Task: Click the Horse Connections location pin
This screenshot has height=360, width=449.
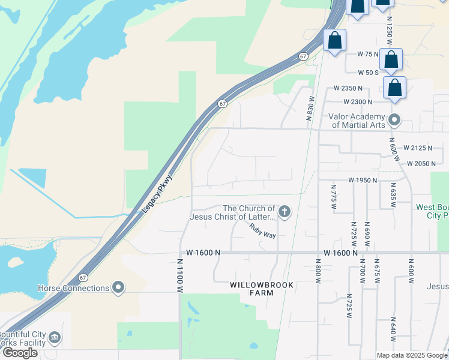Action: tap(118, 288)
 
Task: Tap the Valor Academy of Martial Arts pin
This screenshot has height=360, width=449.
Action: tap(394, 120)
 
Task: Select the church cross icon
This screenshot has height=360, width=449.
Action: tap(284, 212)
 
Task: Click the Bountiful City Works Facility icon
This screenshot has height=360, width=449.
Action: tap(55, 338)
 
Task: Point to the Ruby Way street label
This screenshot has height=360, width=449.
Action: tap(263, 231)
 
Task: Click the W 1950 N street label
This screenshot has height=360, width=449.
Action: tap(363, 180)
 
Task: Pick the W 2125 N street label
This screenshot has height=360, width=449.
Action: tap(418, 148)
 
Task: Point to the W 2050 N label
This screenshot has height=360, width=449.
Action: tap(421, 163)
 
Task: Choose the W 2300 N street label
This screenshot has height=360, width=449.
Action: tap(358, 102)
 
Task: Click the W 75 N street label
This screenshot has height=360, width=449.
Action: tap(367, 54)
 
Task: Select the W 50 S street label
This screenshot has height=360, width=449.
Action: tap(369, 73)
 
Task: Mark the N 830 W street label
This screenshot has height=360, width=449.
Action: tap(311, 109)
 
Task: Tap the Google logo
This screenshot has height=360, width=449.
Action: tap(20, 353)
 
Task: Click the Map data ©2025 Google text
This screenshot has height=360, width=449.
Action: tap(412, 355)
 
